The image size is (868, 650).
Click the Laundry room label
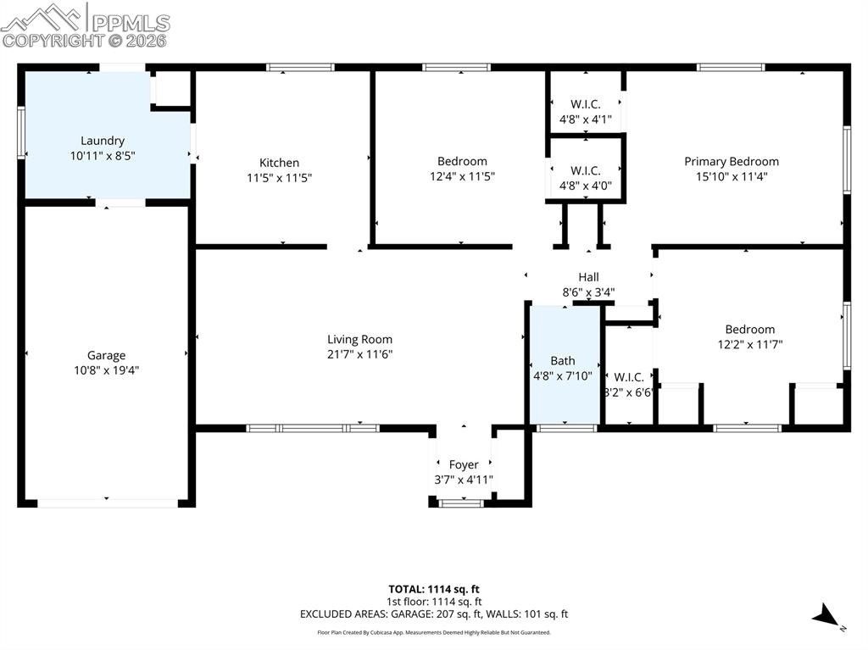[103, 141]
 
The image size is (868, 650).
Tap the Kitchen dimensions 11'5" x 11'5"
[279, 178]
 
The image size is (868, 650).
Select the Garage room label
[106, 355]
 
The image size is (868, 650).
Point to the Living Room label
[359, 339]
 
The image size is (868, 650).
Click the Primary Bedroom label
[731, 161]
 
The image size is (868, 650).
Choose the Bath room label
[562, 360]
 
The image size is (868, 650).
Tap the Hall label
[588, 277]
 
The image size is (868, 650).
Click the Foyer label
[463, 464]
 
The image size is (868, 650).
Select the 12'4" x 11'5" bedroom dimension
[462, 176]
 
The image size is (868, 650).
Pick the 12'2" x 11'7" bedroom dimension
[749, 345]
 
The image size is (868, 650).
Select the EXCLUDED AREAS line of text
[434, 614]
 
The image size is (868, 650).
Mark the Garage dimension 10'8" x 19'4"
[106, 370]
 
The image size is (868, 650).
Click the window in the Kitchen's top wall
[300, 68]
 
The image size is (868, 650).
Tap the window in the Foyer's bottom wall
[461, 503]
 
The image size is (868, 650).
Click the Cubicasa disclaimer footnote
[434, 632]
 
